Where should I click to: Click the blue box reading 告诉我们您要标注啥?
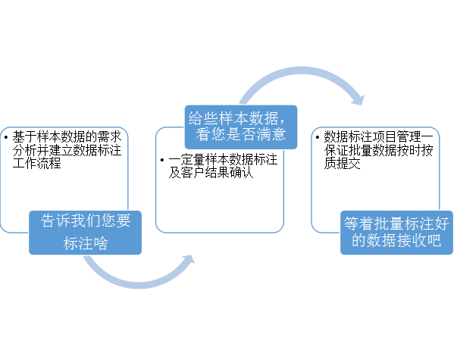[x=85, y=233]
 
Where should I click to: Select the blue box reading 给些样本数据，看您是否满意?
[x=241, y=127]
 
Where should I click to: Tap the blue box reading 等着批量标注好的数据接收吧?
[x=396, y=233]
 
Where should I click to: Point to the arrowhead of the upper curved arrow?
[x=358, y=100]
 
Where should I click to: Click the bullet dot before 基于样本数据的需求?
[x=6, y=136]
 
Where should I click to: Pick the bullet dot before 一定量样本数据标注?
[x=162, y=160]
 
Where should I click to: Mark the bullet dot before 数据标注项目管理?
[x=318, y=136]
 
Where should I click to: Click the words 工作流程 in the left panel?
[x=37, y=164]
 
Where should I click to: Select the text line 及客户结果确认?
[x=211, y=173]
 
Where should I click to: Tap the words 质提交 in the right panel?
[x=343, y=164]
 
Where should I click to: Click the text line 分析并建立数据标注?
[x=67, y=150]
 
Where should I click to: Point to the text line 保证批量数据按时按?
[x=378, y=150]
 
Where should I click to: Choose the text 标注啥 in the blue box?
[x=86, y=243]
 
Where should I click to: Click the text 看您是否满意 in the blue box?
[x=241, y=134]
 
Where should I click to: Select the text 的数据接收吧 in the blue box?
[x=396, y=240]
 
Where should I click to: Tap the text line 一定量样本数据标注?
[x=223, y=160]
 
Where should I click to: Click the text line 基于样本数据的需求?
[x=67, y=136]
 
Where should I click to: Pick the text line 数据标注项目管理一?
[x=379, y=136]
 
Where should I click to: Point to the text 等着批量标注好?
[x=396, y=224]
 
